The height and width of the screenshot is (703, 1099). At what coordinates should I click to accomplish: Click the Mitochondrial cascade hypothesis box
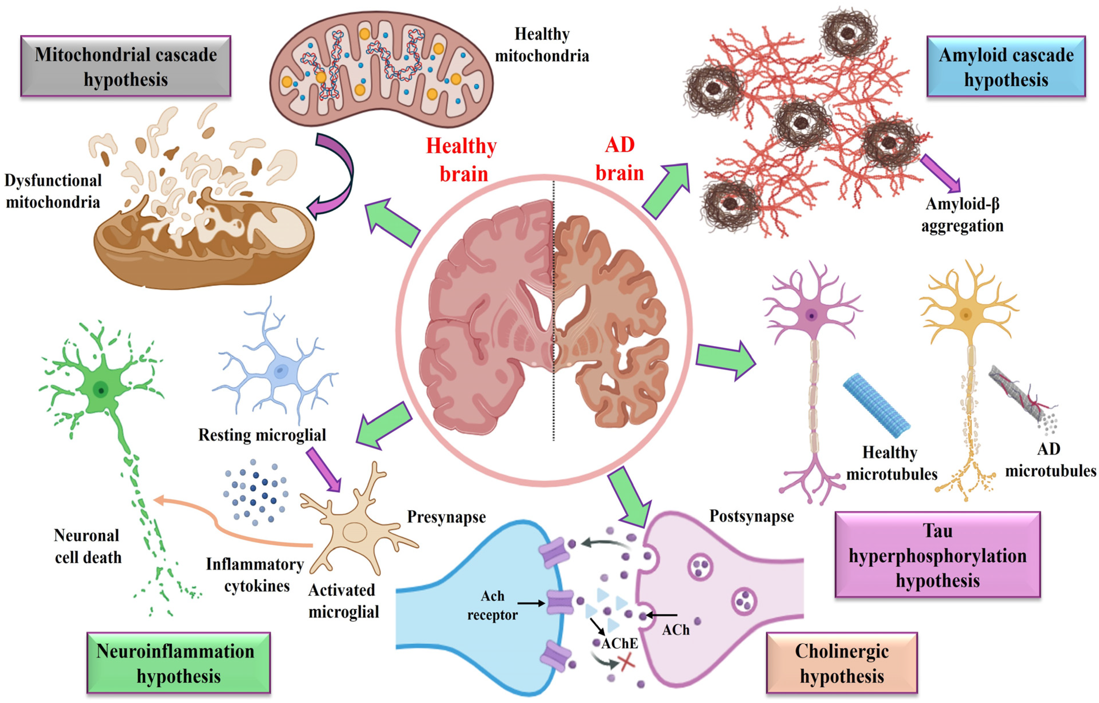click(x=125, y=66)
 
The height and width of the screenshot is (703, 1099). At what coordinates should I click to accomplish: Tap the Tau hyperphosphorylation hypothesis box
click(x=937, y=555)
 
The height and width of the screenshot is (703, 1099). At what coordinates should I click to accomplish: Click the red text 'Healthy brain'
click(x=462, y=160)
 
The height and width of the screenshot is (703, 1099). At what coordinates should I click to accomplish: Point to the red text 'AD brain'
click(x=620, y=159)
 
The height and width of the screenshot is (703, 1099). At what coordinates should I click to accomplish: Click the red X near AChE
click(x=626, y=662)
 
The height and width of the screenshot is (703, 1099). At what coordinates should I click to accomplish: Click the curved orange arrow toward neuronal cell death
click(x=219, y=525)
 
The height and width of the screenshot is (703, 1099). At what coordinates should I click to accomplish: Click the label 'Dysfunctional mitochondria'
click(x=53, y=191)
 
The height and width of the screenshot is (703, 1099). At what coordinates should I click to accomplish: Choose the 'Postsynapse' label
click(x=751, y=516)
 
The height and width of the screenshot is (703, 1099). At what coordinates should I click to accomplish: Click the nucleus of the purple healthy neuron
click(x=811, y=315)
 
